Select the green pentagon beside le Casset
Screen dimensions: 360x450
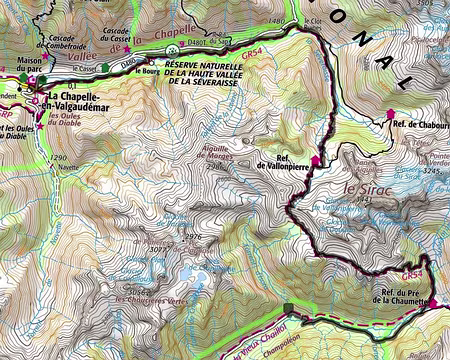[x=105, y=69]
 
